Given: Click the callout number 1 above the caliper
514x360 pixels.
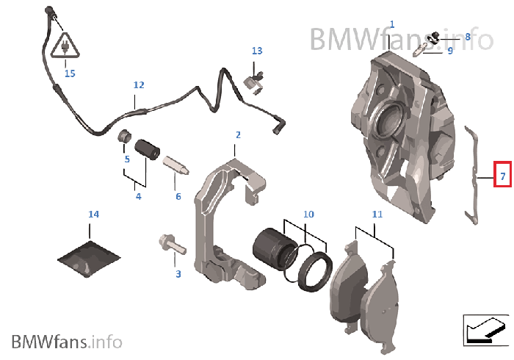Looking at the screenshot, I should [x=391, y=24].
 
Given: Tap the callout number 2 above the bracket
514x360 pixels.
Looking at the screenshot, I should [x=238, y=135].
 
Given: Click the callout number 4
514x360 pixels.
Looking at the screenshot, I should [x=138, y=196].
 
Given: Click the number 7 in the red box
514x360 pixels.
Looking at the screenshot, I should [x=502, y=176].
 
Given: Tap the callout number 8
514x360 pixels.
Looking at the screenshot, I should [x=467, y=36].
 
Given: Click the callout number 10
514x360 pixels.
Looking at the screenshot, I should [x=308, y=214].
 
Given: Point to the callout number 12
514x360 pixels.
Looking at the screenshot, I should [x=139, y=85].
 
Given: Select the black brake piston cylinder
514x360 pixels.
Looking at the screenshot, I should [x=271, y=248].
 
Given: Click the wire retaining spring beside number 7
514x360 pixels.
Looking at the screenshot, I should [x=474, y=173].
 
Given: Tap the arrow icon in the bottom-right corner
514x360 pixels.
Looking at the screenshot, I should [x=485, y=329].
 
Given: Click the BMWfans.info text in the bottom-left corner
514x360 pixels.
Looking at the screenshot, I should [x=66, y=341].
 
